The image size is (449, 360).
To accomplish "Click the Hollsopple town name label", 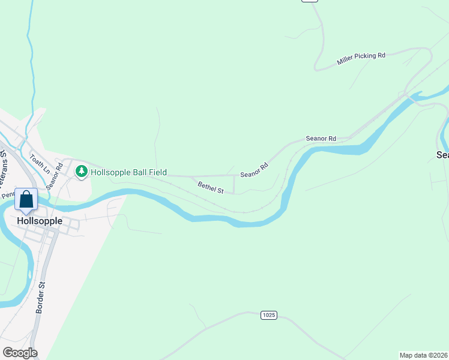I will pos(40,220).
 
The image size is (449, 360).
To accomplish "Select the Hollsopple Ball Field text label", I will pos(128,172).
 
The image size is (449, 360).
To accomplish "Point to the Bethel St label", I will pos(211,188).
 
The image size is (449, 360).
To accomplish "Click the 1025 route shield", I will pos(268,315).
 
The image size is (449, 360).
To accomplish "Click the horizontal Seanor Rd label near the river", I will pos(321,139).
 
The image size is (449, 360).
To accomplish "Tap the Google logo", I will pos(20,353).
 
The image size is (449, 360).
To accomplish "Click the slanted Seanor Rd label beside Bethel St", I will pos(254,170).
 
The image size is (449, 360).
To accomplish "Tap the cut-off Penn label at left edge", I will pos(7,194).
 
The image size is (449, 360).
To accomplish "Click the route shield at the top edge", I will pos(309,1).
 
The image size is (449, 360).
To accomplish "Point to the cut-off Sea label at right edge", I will pos(442,155).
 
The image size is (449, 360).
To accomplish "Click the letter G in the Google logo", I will pos(7,353).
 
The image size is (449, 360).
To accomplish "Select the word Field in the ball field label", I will pos(156,172).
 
